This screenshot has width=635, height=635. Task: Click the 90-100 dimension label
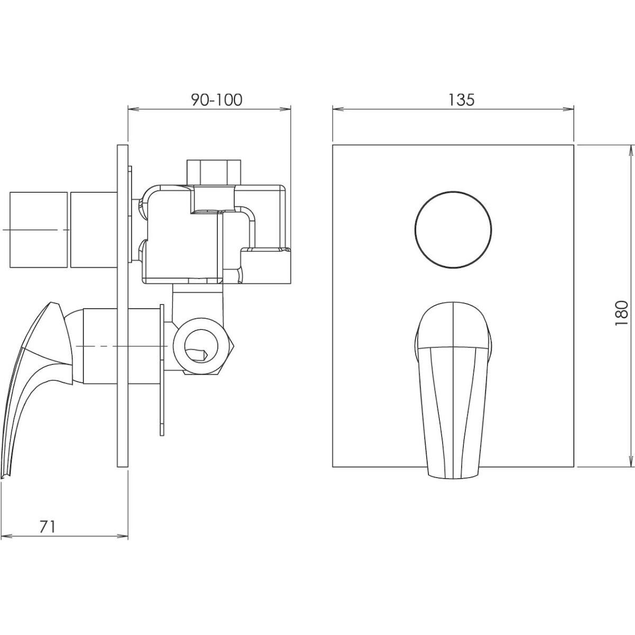216,100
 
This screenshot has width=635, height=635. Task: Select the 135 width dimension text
461,100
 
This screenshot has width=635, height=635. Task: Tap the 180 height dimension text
621,313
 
